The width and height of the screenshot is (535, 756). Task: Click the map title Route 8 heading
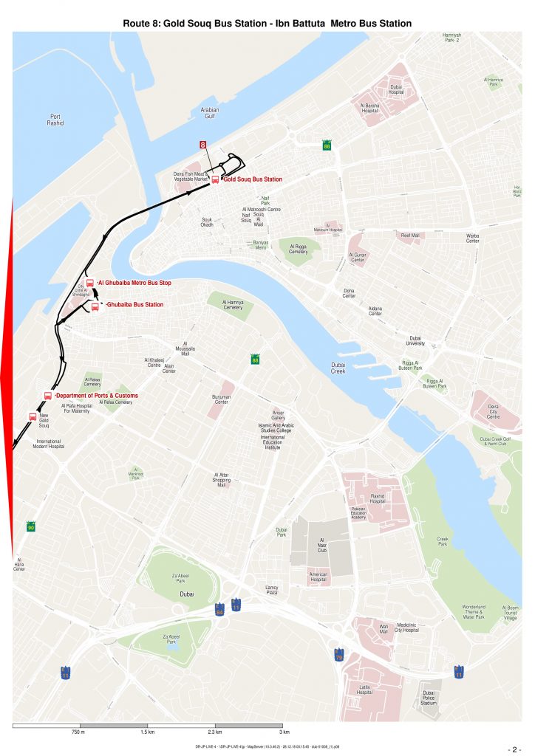(x=267, y=24)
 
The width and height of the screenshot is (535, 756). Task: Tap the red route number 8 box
(x=203, y=145)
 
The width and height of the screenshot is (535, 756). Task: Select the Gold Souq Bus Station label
(x=252, y=179)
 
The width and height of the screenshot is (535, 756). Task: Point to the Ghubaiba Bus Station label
(x=134, y=305)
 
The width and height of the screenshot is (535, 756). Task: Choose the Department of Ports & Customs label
(x=96, y=396)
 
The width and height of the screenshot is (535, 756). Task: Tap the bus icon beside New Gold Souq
(x=33, y=416)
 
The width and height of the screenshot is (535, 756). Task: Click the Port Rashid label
(x=56, y=120)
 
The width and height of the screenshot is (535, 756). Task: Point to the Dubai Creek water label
(x=338, y=368)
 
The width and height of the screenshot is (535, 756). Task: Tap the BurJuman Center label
(x=222, y=399)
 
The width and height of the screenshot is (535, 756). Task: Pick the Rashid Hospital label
(x=378, y=499)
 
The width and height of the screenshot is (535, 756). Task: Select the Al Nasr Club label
(x=322, y=546)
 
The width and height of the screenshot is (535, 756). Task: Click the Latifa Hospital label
(x=364, y=690)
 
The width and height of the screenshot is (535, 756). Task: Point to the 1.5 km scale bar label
(x=148, y=732)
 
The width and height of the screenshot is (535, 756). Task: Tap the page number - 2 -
(x=515, y=747)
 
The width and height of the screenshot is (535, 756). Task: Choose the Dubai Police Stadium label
(x=429, y=698)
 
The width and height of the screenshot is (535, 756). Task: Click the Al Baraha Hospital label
(x=369, y=108)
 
